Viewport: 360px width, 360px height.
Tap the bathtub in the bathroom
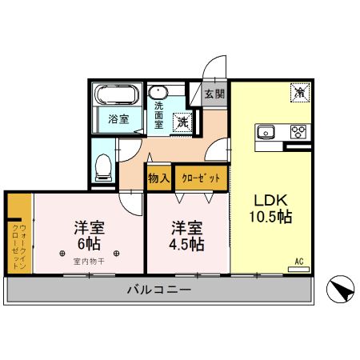(117, 98)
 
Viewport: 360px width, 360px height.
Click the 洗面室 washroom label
(159, 114)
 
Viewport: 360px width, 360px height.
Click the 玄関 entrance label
(214, 94)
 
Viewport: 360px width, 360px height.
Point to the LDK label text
(270, 200)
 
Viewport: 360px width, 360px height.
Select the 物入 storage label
(158, 178)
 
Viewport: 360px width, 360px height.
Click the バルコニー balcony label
(158, 290)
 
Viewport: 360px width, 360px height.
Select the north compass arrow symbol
(340, 289)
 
